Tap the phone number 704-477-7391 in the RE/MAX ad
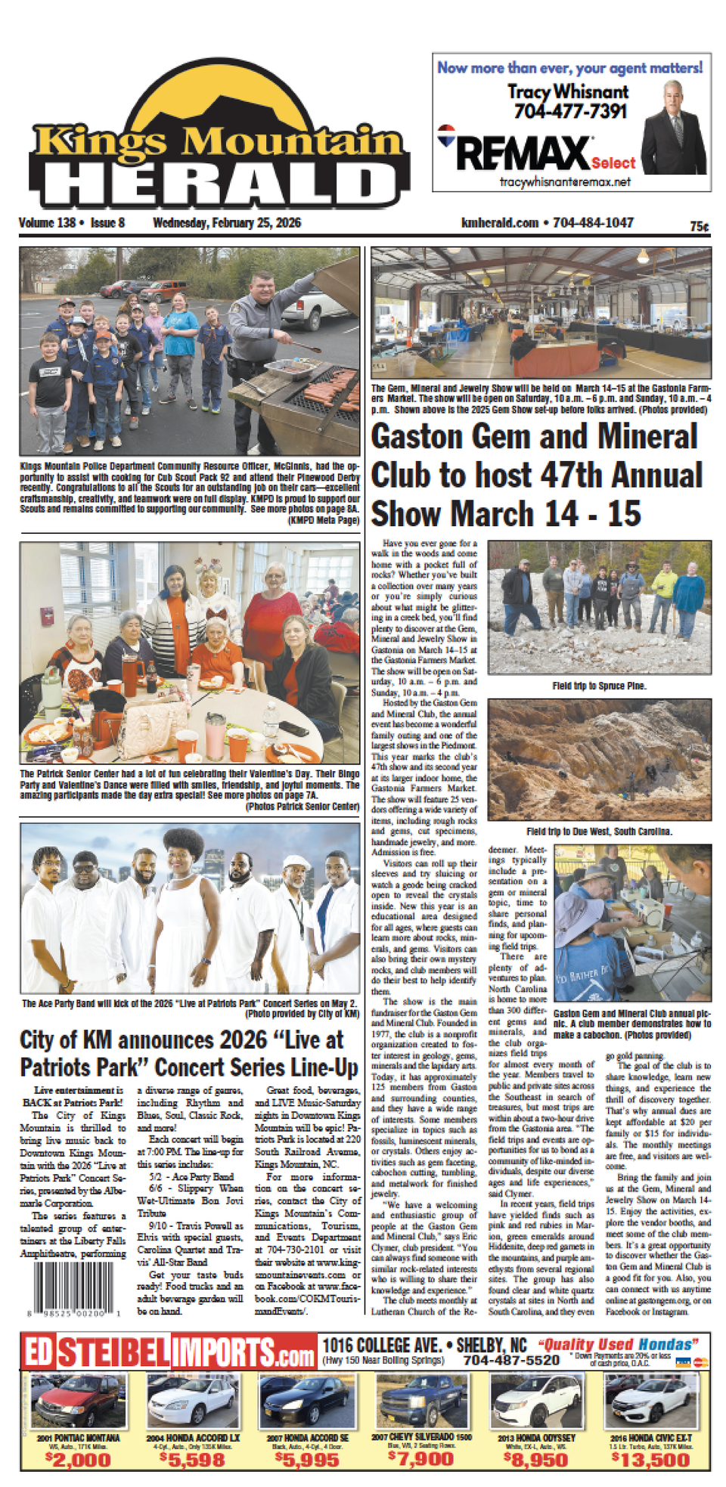click(x=571, y=111)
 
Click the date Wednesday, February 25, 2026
click(x=227, y=223)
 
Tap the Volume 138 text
click(x=47, y=223)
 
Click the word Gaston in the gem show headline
click(x=416, y=437)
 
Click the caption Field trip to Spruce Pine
click(x=599, y=686)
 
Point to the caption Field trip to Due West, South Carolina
click(x=599, y=831)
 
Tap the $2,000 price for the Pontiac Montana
click(x=78, y=1458)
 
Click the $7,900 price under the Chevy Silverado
click(x=421, y=1458)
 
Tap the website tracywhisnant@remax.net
click(x=565, y=182)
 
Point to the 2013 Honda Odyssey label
click(x=536, y=1437)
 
